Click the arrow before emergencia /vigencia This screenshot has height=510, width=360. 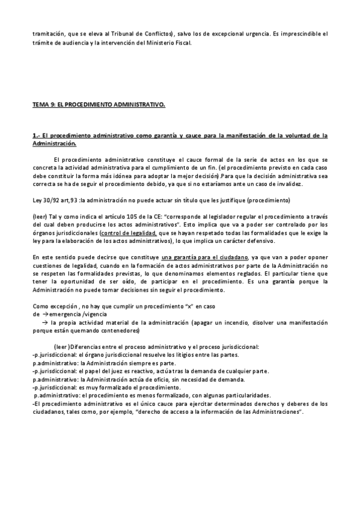pos(45,314)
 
